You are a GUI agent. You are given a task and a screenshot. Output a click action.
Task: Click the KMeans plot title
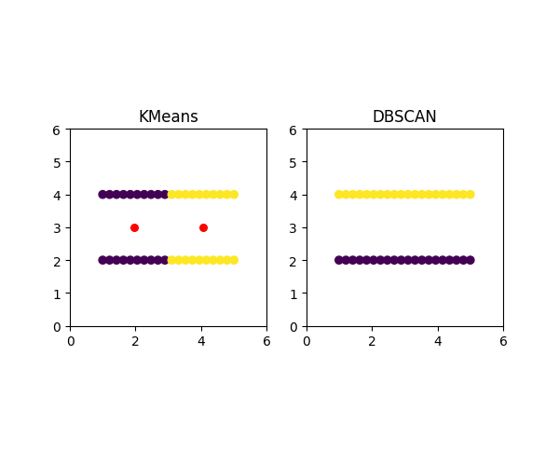pos(168,117)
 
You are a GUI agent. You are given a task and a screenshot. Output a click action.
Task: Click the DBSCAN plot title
pos(404,117)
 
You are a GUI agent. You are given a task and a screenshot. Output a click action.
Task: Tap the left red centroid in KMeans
pos(134,227)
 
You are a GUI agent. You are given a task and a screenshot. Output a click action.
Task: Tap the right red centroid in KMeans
pos(203,227)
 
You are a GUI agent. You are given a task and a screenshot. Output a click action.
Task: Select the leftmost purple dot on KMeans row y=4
pos(102,195)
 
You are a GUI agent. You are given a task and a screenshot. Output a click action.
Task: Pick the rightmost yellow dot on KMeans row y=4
pos(234,195)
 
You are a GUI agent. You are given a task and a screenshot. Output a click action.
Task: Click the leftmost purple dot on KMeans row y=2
pos(102,260)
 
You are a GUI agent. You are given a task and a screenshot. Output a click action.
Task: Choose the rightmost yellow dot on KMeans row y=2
pos(234,260)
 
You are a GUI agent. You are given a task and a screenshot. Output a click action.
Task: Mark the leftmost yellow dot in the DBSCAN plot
pos(339,195)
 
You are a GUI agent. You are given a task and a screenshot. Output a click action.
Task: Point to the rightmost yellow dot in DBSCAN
pos(470,195)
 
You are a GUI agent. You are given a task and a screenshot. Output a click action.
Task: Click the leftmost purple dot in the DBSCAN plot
pos(339,260)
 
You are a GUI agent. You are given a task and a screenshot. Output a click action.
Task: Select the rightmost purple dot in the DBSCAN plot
pos(470,260)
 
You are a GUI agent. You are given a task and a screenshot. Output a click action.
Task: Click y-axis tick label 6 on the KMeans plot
pos(58,130)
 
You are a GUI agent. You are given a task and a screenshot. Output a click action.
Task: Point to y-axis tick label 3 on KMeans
pos(58,228)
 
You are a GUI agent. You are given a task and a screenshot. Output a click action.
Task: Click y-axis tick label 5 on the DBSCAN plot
pos(294,162)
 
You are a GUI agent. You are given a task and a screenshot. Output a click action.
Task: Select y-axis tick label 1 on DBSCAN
pos(294,294)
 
